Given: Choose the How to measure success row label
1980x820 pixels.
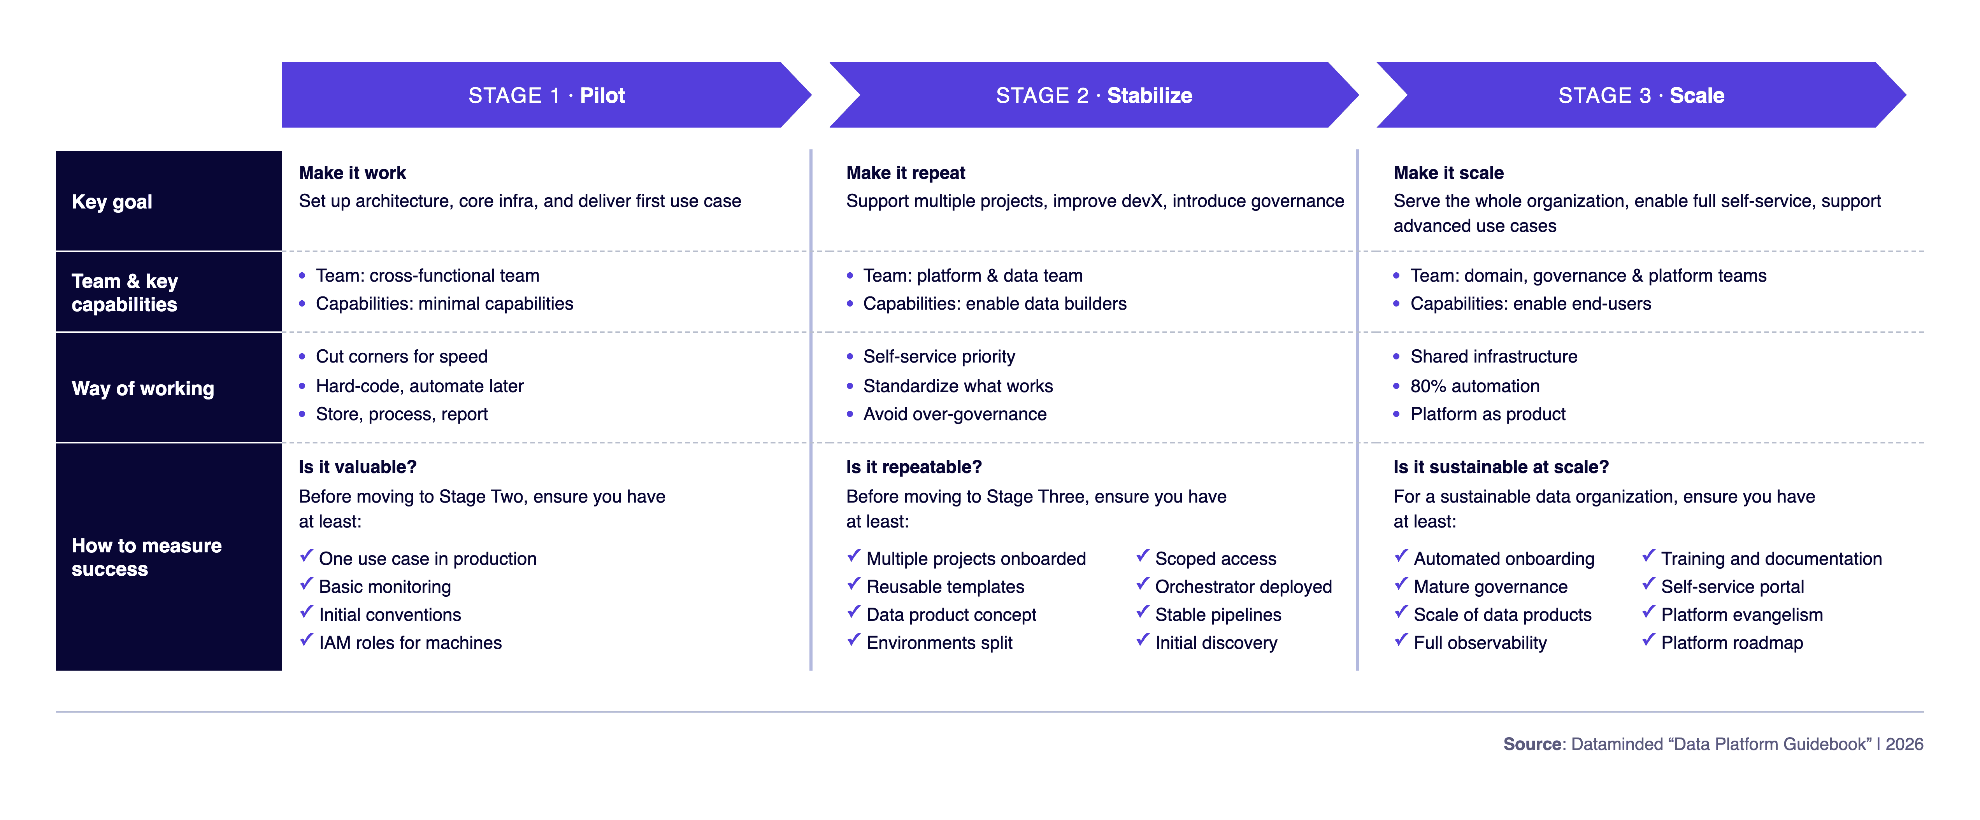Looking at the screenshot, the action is [x=147, y=557].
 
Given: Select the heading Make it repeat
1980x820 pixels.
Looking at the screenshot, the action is [x=906, y=173].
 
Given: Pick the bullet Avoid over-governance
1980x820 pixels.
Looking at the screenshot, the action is [x=955, y=414].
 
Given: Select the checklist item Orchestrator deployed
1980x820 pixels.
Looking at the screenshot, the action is [x=1243, y=586].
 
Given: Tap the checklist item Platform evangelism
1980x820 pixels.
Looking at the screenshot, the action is [x=1742, y=615].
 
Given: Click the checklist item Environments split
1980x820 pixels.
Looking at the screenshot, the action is [x=939, y=643].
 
